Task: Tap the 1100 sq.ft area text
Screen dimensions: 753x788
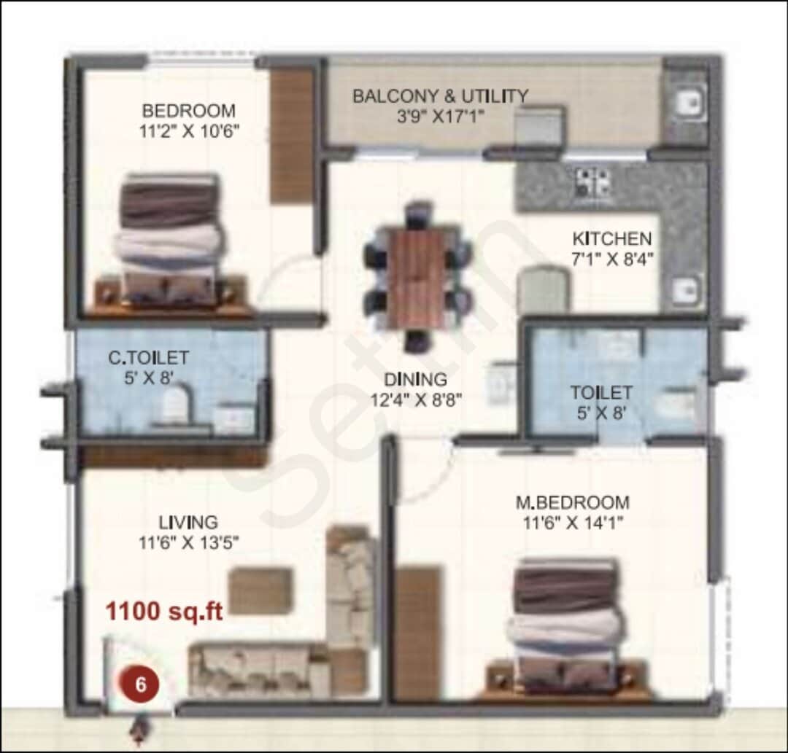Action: coord(164,611)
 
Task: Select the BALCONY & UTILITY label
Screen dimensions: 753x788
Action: coord(440,96)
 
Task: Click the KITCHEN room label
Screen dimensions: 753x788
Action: coord(611,239)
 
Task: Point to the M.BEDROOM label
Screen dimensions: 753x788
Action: coord(572,502)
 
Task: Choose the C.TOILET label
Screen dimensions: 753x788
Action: coord(149,358)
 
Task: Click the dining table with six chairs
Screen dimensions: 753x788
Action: coord(417,278)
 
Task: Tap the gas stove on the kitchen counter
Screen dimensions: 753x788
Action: coord(592,182)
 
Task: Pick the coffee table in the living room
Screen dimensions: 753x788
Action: coord(260,590)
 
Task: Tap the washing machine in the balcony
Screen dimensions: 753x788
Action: coord(539,127)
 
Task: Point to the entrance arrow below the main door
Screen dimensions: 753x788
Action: coord(139,728)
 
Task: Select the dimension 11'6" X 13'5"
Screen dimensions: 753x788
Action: coord(189,542)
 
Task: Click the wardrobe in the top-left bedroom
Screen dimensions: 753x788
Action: coord(292,136)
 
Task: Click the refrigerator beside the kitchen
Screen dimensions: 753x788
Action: coord(543,291)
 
